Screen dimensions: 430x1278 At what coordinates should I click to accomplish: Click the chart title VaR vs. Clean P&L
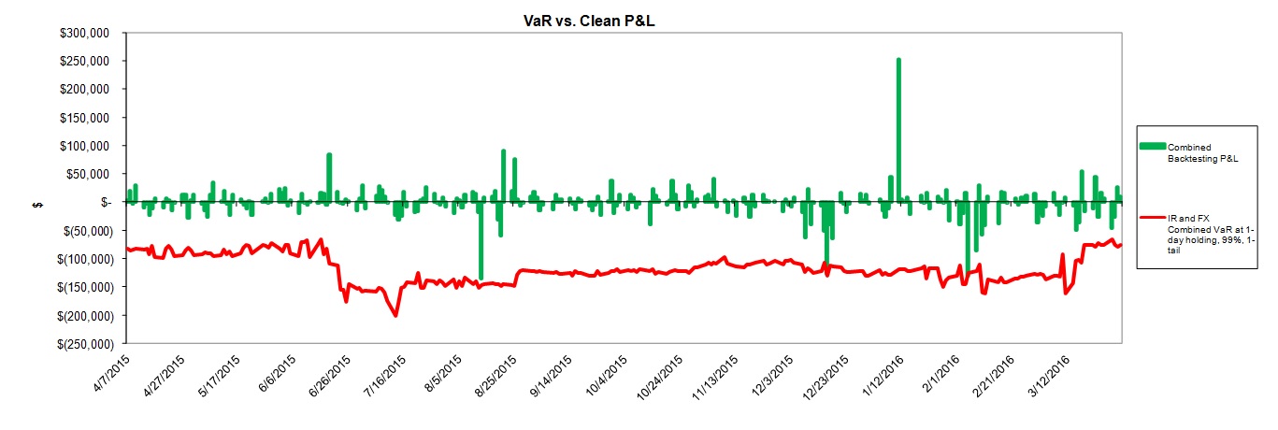[x=589, y=21]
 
